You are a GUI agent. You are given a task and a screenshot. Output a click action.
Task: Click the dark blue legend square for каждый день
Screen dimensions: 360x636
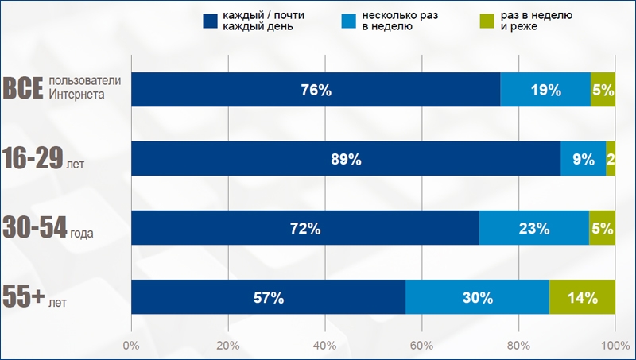[x=211, y=21]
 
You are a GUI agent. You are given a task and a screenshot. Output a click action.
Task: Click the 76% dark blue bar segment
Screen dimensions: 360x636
[x=316, y=90]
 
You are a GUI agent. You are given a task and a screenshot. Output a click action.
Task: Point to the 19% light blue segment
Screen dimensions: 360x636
[x=545, y=90]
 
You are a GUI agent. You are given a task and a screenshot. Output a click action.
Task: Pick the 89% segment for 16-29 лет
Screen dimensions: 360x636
[x=346, y=159]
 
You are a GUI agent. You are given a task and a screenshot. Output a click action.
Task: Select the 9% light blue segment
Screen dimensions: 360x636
[x=583, y=159]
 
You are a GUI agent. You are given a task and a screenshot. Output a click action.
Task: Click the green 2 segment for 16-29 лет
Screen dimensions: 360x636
[x=611, y=159]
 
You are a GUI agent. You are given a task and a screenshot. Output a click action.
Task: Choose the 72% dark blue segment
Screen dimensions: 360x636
[x=304, y=229]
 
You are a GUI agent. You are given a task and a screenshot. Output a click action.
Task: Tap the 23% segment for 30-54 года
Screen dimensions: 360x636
[x=534, y=229]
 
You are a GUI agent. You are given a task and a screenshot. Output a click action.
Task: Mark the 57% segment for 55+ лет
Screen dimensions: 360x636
[x=268, y=298]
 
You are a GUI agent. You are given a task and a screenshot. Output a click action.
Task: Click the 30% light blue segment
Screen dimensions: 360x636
[x=477, y=298]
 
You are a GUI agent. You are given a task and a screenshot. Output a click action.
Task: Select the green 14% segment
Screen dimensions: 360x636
[x=582, y=298]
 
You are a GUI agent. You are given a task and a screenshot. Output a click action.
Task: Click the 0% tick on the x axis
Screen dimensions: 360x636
[x=131, y=346]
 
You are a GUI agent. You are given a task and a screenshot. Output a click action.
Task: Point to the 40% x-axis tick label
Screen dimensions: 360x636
[x=324, y=346]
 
